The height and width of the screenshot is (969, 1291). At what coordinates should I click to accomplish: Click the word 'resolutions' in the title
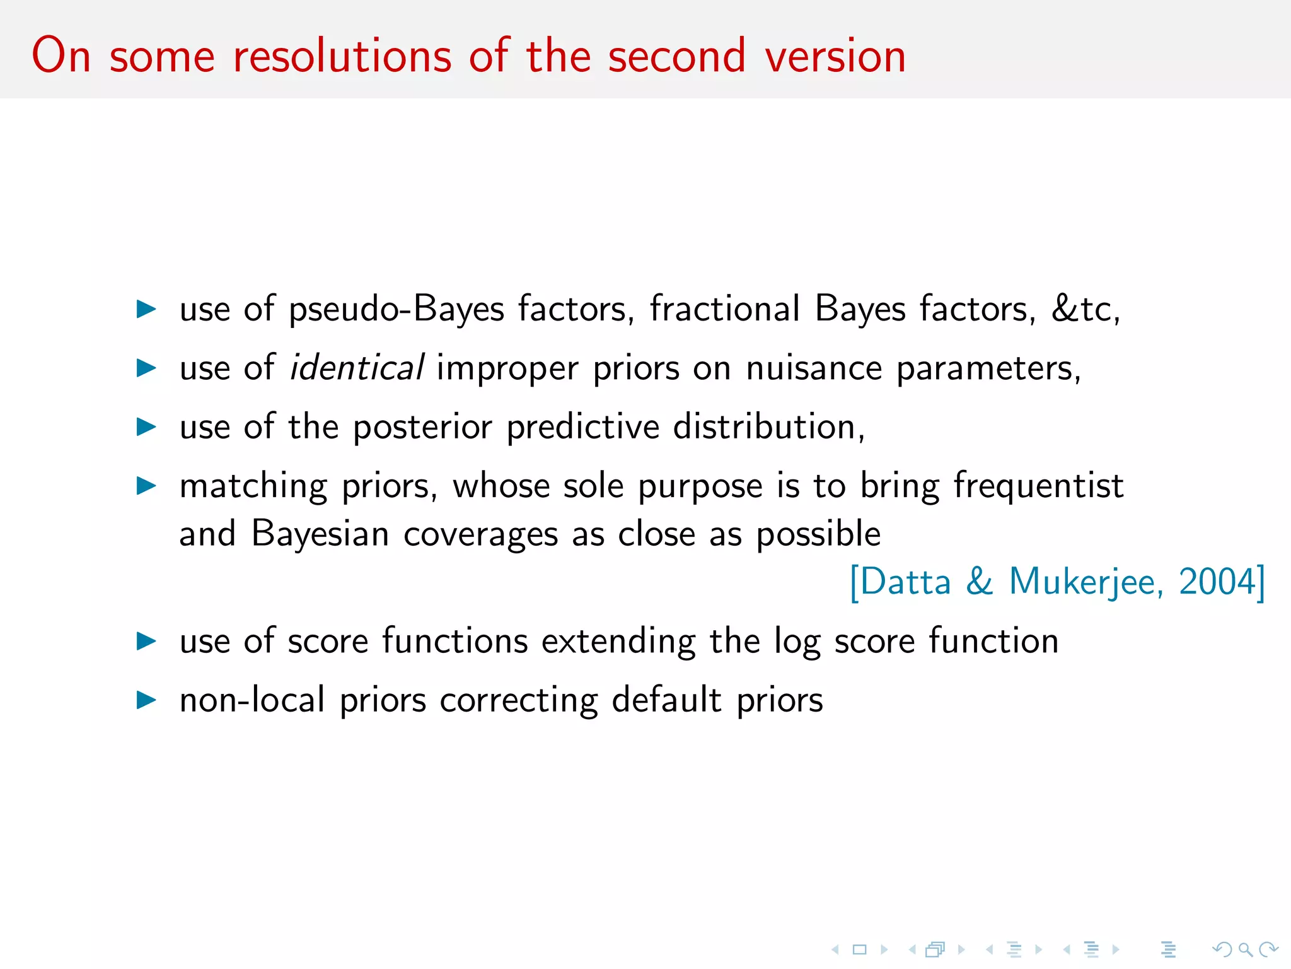pos(342,57)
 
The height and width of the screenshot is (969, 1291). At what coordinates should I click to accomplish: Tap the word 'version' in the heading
pos(835,57)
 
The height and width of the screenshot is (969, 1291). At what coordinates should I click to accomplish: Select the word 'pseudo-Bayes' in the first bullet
pos(397,310)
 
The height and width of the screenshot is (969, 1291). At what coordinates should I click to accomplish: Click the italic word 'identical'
pos(356,368)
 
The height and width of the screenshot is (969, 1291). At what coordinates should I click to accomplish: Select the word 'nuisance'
pos(814,368)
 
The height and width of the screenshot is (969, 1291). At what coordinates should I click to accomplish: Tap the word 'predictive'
pos(583,428)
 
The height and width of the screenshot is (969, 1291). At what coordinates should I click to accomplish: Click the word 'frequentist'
pos(1038,486)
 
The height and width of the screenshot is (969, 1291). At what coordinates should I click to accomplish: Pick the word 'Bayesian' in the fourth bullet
pos(320,535)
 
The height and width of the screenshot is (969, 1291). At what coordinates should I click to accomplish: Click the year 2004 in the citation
pos(1217,582)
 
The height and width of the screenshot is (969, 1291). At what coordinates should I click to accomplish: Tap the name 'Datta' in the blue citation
pos(905,582)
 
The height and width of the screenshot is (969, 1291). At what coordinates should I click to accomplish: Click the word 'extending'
pos(618,642)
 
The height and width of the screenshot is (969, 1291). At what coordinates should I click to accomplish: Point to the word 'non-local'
pos(252,700)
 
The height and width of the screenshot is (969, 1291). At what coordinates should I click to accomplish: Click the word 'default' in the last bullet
pos(666,700)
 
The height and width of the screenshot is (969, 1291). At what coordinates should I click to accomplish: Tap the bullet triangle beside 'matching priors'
pos(146,486)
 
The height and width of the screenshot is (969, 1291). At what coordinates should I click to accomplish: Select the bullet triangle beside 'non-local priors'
pos(146,700)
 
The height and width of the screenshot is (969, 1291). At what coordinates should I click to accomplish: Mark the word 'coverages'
pos(480,535)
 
